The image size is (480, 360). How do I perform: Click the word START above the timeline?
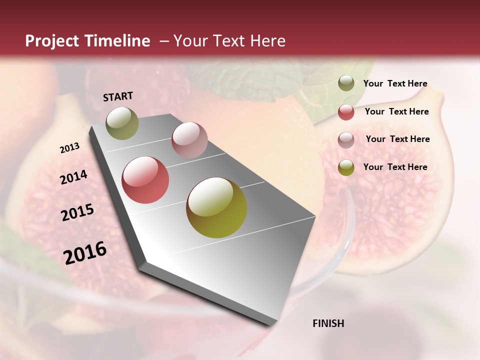click(x=118, y=96)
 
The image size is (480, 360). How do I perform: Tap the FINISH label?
click(x=328, y=323)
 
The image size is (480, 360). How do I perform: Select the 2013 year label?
click(x=70, y=148)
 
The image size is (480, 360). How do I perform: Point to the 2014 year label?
click(x=73, y=177)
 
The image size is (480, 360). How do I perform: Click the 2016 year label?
click(x=85, y=252)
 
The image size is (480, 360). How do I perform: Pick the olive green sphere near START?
click(x=122, y=123)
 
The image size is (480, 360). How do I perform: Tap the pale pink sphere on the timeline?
click(x=189, y=140)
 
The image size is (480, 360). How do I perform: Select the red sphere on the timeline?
click(x=145, y=180)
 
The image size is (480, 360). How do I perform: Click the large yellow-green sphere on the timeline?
click(x=216, y=207)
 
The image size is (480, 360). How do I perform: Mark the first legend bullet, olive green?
click(x=346, y=83)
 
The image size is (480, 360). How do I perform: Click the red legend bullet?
click(x=346, y=112)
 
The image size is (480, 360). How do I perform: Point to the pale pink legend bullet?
click(x=346, y=140)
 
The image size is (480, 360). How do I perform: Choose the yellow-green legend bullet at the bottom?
click(x=346, y=167)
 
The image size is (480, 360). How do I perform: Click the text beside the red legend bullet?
click(x=396, y=111)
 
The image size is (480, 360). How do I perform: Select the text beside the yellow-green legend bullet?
click(x=395, y=167)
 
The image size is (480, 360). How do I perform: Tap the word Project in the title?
click(x=52, y=41)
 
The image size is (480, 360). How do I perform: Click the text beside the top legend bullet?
click(x=395, y=83)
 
